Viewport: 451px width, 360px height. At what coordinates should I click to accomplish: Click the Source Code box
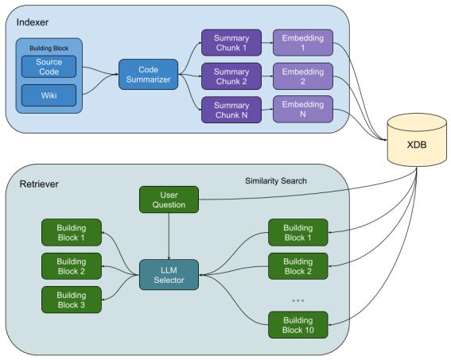click(49, 67)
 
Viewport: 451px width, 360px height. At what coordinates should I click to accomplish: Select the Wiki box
click(49, 95)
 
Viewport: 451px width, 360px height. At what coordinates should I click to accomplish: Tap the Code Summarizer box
click(149, 75)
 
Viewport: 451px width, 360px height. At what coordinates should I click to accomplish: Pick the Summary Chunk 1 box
click(231, 43)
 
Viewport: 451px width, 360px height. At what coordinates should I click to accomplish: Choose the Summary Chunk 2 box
click(231, 76)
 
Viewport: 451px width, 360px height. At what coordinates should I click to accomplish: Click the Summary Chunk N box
click(231, 110)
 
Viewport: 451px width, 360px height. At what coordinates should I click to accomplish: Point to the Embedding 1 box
click(303, 43)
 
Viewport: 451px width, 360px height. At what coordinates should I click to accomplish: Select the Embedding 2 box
click(303, 76)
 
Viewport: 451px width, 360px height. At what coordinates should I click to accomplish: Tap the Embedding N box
click(303, 110)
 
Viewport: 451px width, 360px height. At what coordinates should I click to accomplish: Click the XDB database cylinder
click(417, 140)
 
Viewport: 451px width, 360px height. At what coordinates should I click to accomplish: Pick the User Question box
click(169, 199)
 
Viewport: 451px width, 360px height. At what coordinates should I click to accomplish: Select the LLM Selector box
click(169, 275)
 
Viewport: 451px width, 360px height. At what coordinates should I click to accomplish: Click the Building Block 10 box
click(298, 325)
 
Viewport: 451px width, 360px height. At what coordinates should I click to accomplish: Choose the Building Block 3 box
click(72, 300)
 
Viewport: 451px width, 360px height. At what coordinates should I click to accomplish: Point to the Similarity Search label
click(276, 180)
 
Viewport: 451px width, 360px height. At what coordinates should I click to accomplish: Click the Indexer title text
click(33, 22)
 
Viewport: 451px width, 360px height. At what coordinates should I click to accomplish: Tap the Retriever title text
click(39, 184)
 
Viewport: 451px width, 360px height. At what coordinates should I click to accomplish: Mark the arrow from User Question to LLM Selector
click(169, 236)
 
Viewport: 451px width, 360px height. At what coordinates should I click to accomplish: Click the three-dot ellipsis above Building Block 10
click(298, 300)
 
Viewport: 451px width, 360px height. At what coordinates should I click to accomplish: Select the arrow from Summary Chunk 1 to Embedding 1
click(267, 43)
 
